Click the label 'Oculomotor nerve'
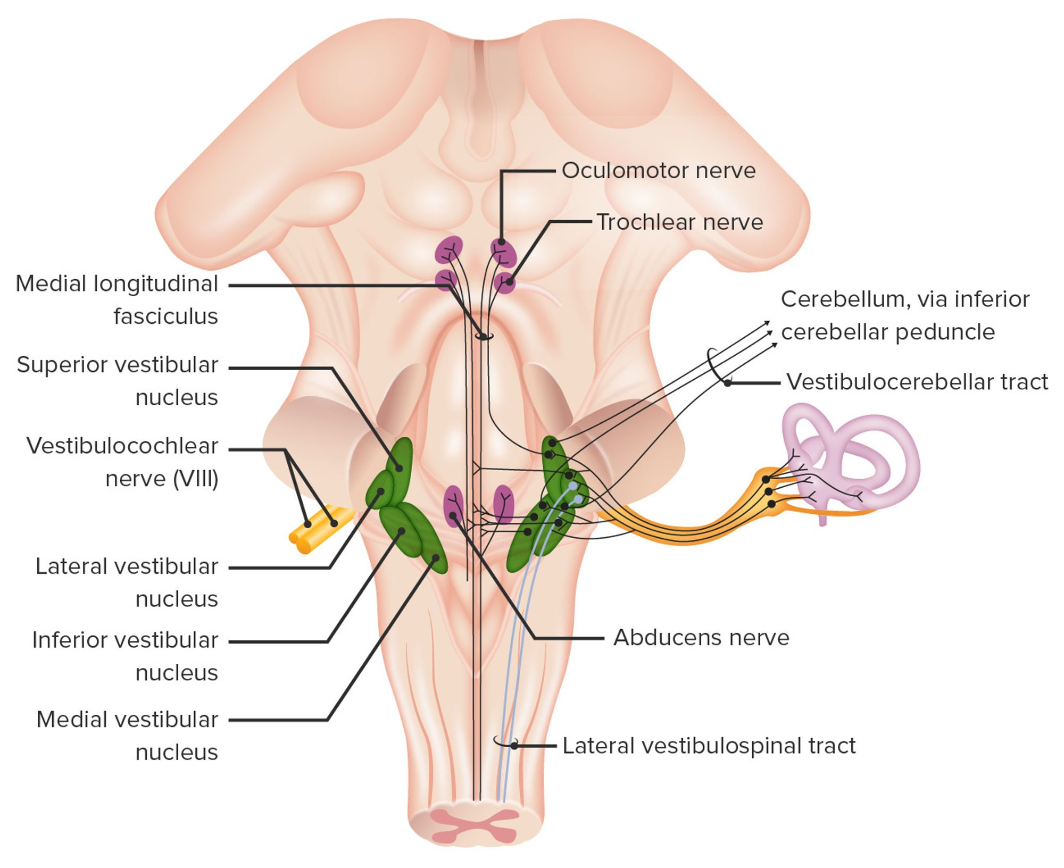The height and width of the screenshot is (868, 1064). click(x=659, y=171)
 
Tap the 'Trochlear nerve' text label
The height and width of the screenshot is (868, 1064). click(x=679, y=222)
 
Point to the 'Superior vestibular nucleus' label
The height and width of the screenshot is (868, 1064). click(x=118, y=381)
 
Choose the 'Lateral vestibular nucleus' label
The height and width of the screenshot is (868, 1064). click(x=127, y=582)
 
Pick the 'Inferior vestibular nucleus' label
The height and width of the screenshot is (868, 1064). click(x=125, y=656)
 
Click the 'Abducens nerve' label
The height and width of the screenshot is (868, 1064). click(x=701, y=637)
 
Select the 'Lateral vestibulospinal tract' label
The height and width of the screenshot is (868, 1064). click(x=709, y=746)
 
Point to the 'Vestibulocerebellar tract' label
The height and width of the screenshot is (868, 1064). click(x=917, y=382)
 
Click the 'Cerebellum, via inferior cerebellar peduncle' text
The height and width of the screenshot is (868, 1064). click(x=904, y=315)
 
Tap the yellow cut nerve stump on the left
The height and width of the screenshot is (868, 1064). click(x=319, y=529)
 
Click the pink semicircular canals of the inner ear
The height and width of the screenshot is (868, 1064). click(x=851, y=457)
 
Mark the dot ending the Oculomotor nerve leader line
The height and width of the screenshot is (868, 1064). click(x=501, y=243)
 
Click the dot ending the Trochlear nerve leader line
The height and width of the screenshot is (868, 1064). click(x=509, y=282)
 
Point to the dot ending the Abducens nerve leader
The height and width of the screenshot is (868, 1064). click(x=453, y=515)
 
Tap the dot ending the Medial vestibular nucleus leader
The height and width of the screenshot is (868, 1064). click(x=435, y=558)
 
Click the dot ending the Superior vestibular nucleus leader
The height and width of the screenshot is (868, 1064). click(x=398, y=469)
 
